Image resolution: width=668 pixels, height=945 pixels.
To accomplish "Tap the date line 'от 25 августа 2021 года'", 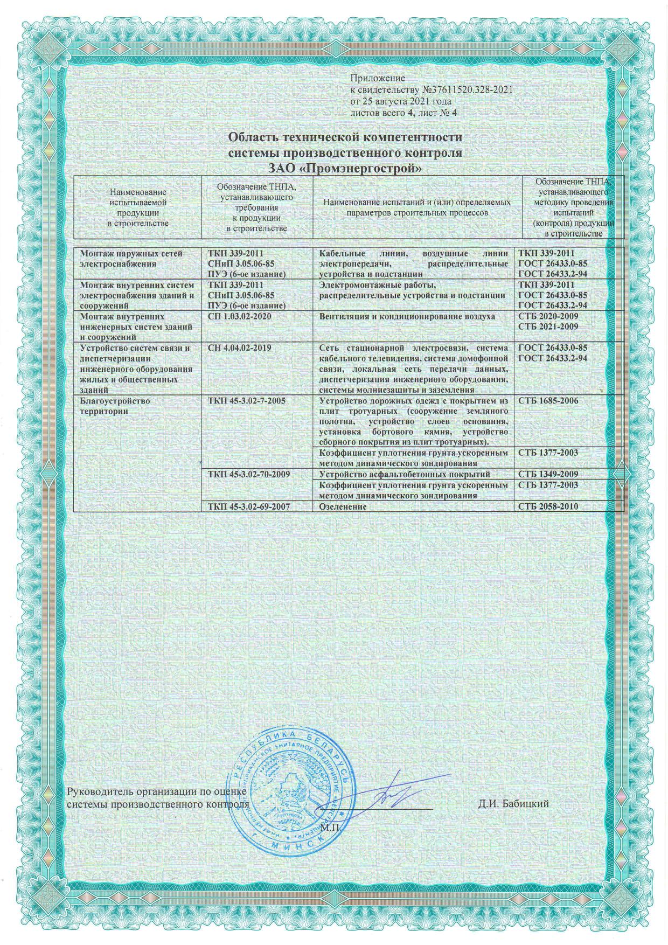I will [x=401, y=101].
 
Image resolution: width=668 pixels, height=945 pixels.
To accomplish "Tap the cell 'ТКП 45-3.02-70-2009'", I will [x=249, y=475].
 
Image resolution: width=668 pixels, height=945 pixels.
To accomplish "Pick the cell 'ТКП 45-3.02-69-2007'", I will [x=249, y=507].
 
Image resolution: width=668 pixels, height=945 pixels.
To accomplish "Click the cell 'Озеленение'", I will [x=343, y=507].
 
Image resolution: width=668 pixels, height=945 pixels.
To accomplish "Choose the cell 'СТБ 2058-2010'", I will [x=548, y=507].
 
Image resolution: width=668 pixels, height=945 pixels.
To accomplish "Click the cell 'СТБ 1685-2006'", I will [x=548, y=401].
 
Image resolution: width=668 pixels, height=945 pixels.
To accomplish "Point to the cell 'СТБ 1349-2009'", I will [x=548, y=475].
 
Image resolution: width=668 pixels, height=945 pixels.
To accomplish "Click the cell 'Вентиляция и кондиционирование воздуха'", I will [x=407, y=316].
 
